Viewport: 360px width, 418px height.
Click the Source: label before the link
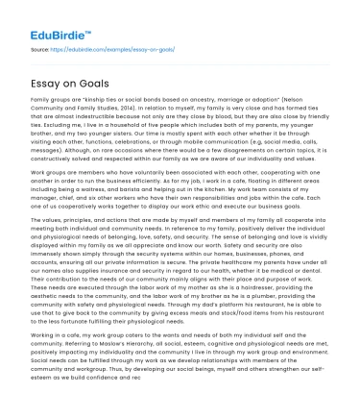click(40, 46)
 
